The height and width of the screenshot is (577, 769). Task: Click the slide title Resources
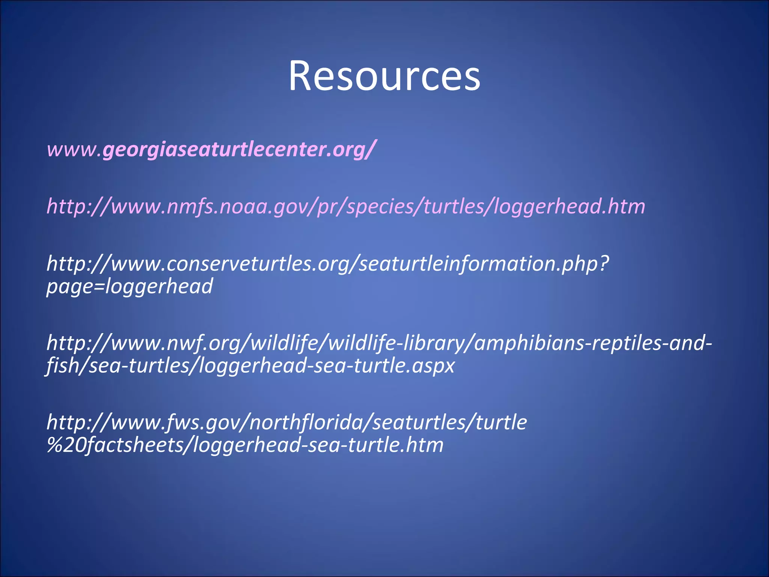pos(384,76)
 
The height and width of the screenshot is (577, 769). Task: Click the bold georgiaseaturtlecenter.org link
pos(237,149)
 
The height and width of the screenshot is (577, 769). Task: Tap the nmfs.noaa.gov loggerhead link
pos(345,206)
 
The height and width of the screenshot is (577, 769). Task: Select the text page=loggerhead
pos(130,286)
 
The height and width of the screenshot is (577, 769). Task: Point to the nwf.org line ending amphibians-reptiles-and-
pos(379,343)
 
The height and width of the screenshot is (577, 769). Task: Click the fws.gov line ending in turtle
pos(287,422)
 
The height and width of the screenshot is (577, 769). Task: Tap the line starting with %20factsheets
pos(245,445)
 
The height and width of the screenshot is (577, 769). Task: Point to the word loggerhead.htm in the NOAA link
pos(569,206)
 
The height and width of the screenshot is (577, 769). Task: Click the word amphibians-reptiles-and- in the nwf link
pos(593,343)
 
